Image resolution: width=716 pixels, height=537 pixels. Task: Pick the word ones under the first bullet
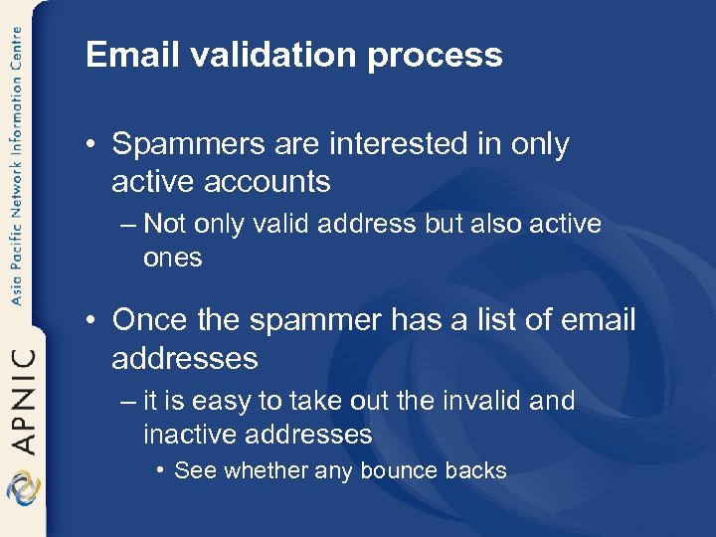click(x=172, y=258)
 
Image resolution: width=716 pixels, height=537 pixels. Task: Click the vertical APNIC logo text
click(x=22, y=397)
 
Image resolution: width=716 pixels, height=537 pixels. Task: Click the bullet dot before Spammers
click(x=91, y=146)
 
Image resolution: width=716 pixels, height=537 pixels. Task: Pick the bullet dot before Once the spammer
click(x=91, y=321)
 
